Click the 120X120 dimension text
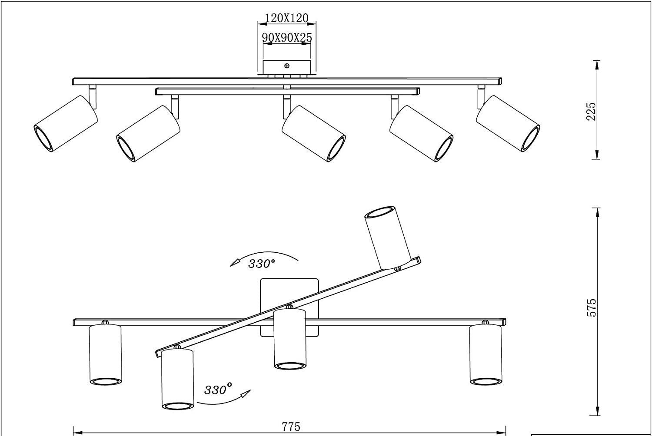click(x=286, y=18)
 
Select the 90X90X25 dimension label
click(x=287, y=38)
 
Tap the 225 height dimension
click(x=591, y=111)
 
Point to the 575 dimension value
click(x=591, y=307)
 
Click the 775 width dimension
click(x=291, y=427)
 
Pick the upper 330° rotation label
click(x=262, y=264)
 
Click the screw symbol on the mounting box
click(x=287, y=66)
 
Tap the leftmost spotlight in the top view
click(x=66, y=123)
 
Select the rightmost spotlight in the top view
click(x=508, y=123)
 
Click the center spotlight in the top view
click(x=313, y=133)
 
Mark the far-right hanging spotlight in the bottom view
click(x=485, y=354)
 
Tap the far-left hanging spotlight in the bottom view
click(x=105, y=354)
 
